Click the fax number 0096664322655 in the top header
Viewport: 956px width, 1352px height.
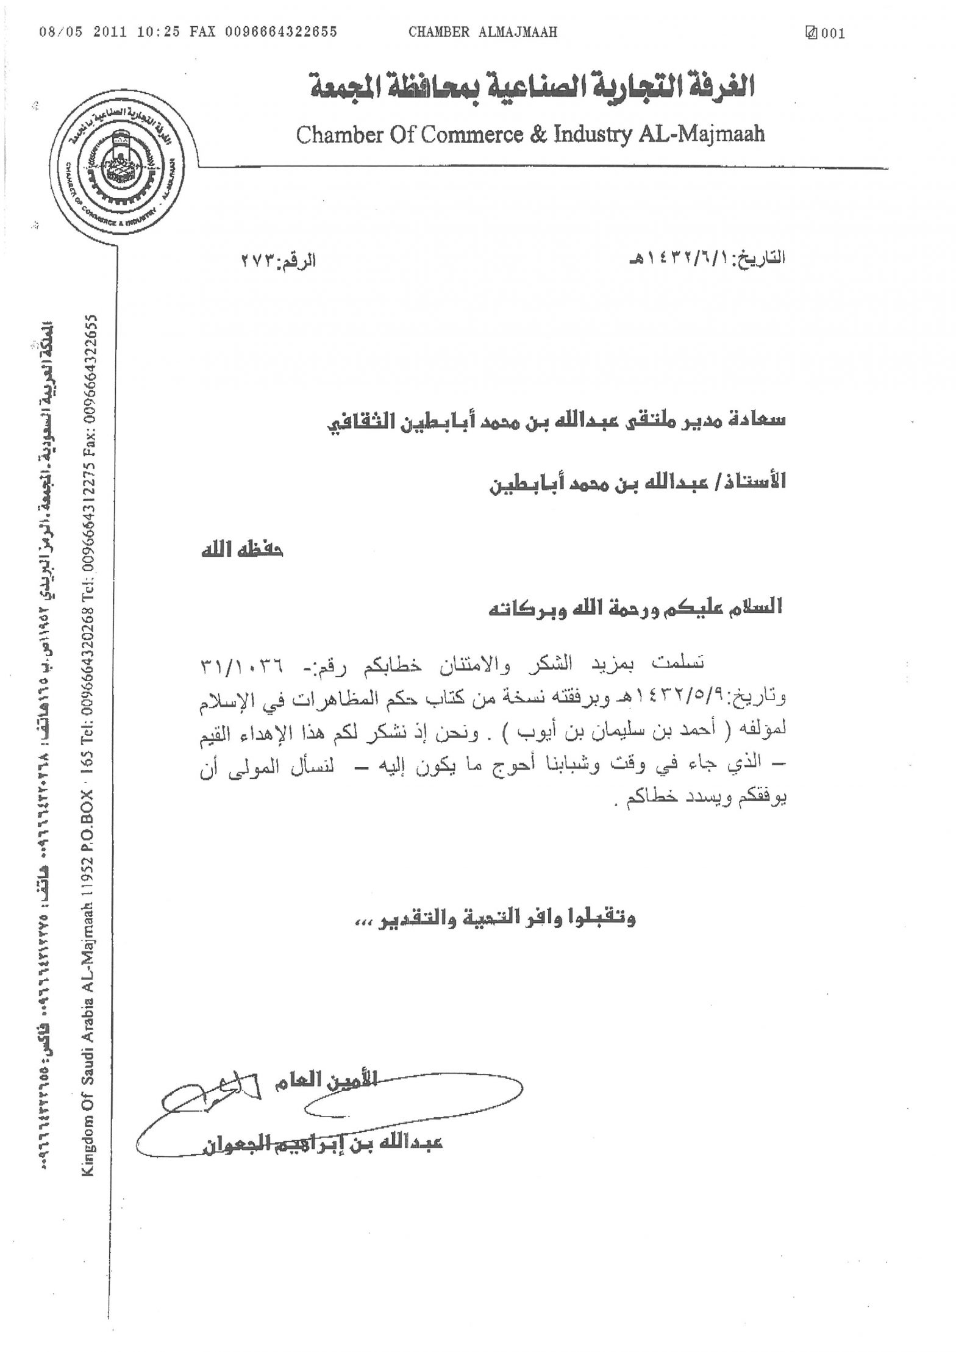pyautogui.click(x=281, y=32)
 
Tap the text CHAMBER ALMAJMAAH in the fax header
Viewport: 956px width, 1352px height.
pyautogui.click(x=483, y=32)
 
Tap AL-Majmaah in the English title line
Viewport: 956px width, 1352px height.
pyautogui.click(x=702, y=134)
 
